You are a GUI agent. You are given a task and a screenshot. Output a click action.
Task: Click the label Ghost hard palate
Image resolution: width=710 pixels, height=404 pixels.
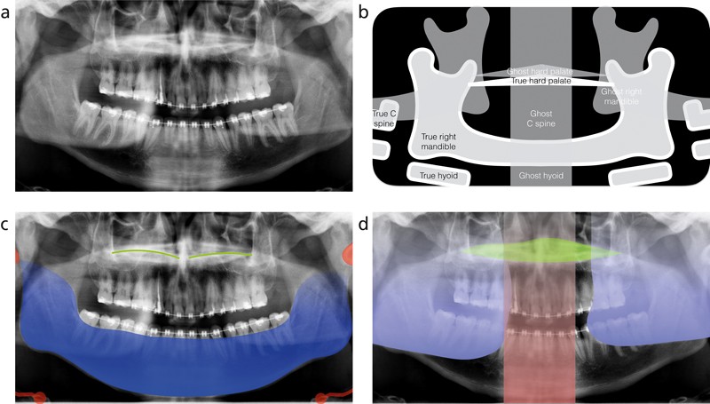pos(540,70)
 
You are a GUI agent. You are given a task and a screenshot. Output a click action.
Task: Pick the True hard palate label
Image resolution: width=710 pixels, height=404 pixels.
pos(540,81)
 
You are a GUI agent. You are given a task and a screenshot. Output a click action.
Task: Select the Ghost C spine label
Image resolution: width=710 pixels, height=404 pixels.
pos(540,119)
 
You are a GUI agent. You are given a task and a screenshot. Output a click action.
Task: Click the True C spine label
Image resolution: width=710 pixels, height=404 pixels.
pos(386,119)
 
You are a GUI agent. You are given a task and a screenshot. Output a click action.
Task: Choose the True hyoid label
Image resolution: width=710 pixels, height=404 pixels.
pos(438,176)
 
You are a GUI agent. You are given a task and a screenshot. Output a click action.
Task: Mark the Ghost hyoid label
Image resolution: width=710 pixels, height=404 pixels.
pos(540,176)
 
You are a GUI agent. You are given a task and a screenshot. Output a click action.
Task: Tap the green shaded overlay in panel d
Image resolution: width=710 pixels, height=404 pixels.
pos(540,250)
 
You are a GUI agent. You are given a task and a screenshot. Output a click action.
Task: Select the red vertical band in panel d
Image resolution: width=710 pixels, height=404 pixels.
pos(540,355)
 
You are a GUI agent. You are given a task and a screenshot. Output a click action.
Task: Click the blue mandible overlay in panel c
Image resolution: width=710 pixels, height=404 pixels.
pos(177,355)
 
